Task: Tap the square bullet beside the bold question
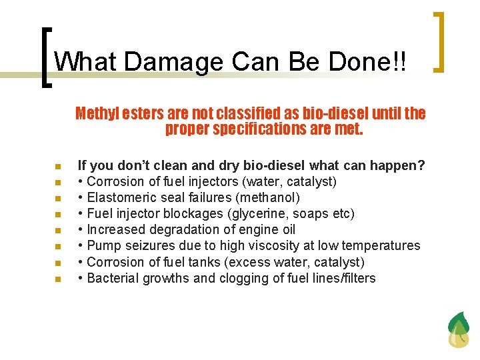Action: click(58, 166)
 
